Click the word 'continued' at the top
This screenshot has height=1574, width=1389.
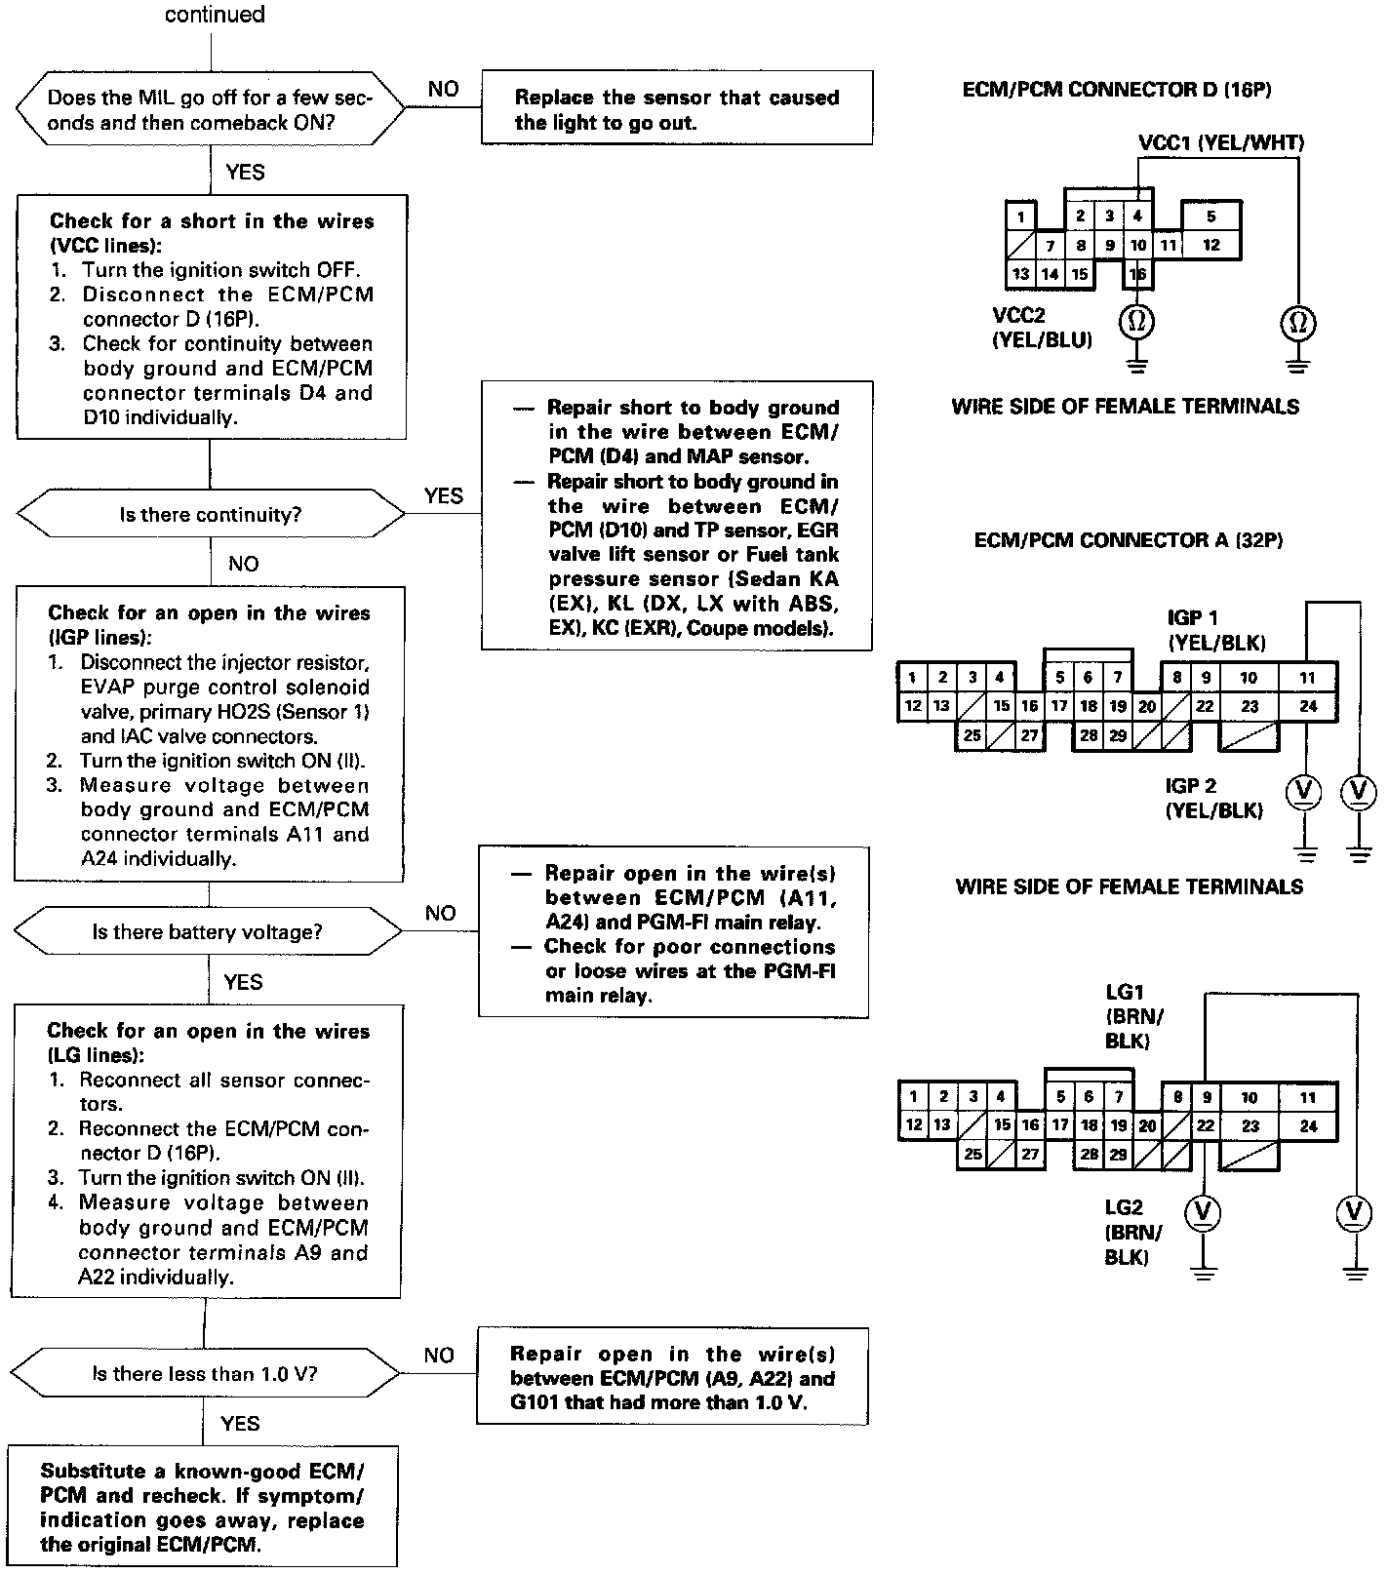(x=215, y=15)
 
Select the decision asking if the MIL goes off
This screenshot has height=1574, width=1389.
(x=210, y=110)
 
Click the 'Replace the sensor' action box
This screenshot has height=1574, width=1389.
(x=677, y=109)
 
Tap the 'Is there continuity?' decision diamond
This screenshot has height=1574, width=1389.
(x=210, y=514)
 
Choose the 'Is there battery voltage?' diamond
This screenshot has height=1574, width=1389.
(x=208, y=932)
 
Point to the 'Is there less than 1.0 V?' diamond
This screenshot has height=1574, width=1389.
(x=206, y=1374)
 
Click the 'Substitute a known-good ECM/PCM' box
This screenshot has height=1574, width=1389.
(x=203, y=1508)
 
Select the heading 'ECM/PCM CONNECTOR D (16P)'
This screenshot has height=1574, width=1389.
(x=1117, y=90)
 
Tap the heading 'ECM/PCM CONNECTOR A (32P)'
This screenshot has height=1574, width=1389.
(x=1128, y=539)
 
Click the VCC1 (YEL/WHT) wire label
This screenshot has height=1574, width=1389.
(x=1220, y=143)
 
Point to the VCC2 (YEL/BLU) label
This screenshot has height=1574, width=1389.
(x=1041, y=328)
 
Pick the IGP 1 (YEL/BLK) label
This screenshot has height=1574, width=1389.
(x=1215, y=630)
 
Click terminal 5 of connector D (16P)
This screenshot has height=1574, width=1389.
(x=1210, y=216)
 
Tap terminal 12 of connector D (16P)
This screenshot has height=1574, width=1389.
(x=1210, y=245)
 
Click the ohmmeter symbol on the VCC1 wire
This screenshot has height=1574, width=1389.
(x=1298, y=322)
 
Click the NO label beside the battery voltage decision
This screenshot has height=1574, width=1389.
(x=441, y=914)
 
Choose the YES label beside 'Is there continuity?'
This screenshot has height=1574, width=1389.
(x=443, y=496)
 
